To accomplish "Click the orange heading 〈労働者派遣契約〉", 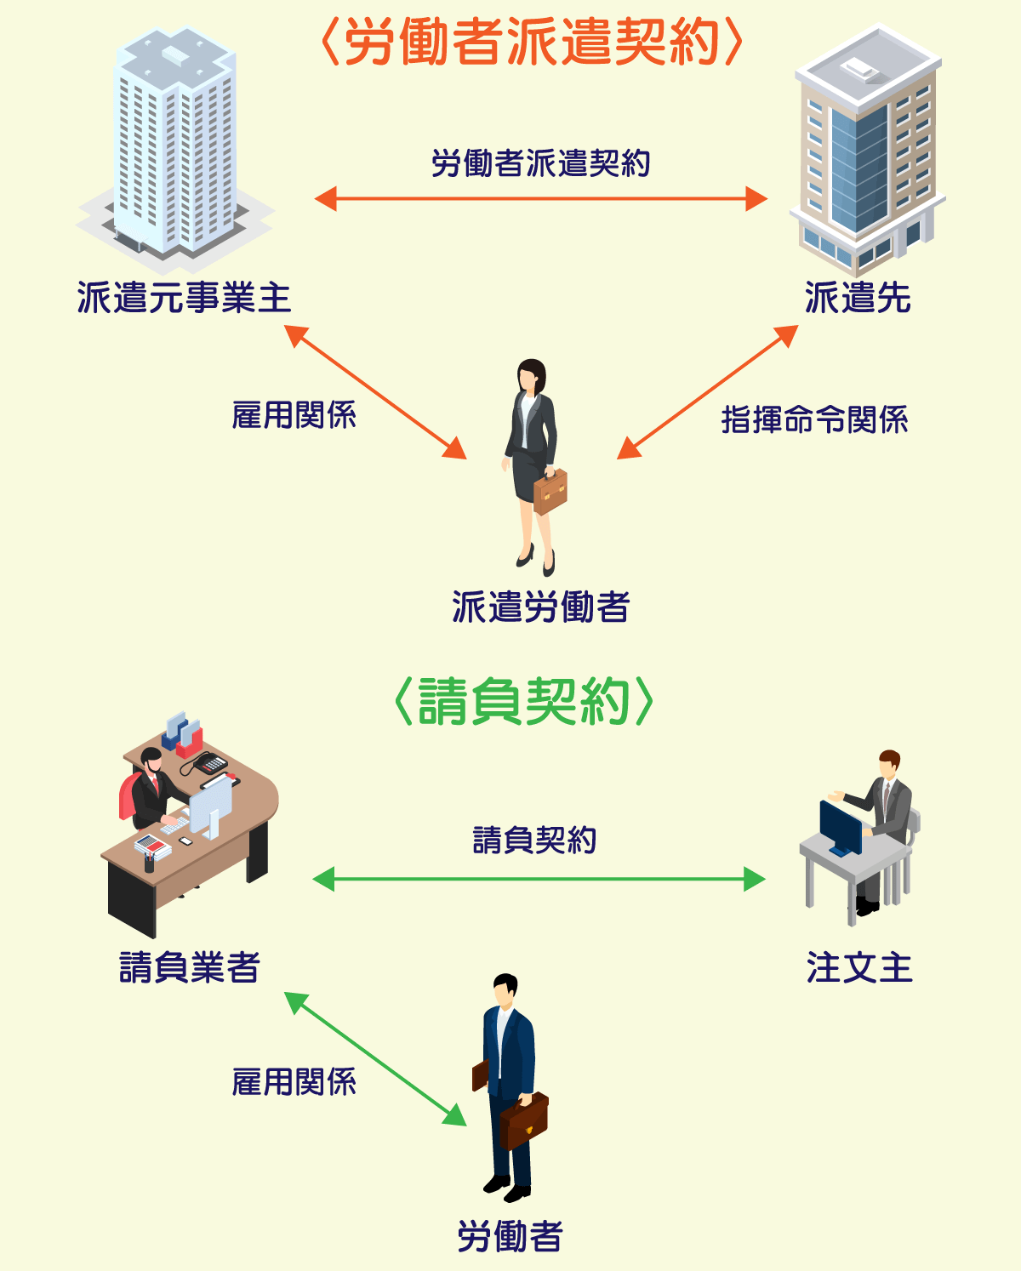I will (533, 43).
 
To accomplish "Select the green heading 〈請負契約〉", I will (524, 702).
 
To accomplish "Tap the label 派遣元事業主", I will (184, 299).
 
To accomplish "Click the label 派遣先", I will (858, 299).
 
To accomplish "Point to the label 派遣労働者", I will (541, 607).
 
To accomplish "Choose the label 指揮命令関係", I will (814, 419).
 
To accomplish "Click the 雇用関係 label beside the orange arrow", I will (294, 415).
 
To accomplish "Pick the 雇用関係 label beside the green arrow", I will (294, 1082).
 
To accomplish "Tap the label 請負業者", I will (189, 967).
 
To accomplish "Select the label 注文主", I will (859, 967).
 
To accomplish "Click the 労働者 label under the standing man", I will (510, 1236).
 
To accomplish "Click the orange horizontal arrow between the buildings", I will (541, 199).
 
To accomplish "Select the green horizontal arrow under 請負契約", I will (539, 879).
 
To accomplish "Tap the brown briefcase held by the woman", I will (550, 493).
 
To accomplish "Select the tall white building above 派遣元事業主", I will (174, 145).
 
